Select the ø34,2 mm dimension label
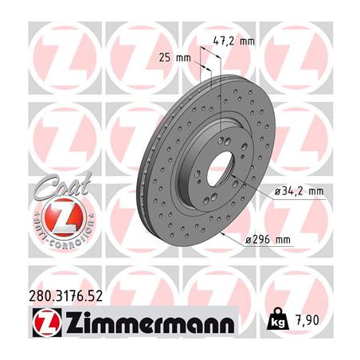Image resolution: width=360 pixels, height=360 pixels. click(299, 191)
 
